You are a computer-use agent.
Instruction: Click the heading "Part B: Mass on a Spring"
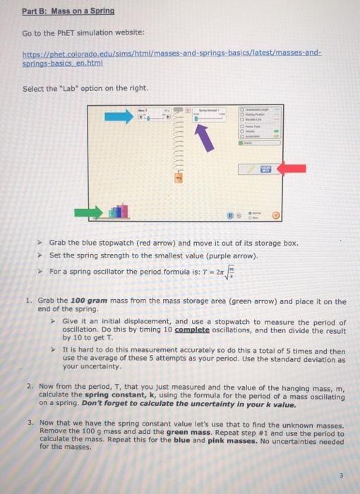(68, 12)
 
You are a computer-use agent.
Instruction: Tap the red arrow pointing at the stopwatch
(291, 168)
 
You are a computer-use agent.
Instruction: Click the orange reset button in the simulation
(276, 215)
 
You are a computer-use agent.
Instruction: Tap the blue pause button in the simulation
(227, 215)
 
